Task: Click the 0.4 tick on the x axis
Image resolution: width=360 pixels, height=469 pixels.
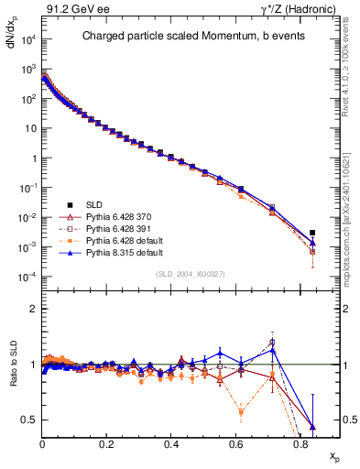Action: click(x=171, y=442)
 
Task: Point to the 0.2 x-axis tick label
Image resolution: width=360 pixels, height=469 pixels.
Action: click(x=107, y=442)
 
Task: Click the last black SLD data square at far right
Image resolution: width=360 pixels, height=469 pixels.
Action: click(x=312, y=233)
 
